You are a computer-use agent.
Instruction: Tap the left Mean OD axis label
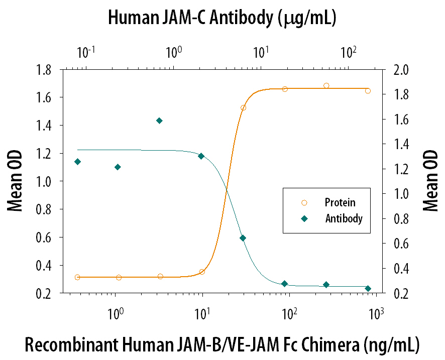(x=15, y=182)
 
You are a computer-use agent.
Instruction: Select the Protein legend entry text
(x=340, y=203)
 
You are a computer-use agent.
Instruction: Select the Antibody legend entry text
(x=344, y=218)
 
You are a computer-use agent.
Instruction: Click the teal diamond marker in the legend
(x=303, y=218)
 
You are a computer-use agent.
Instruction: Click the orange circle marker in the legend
(x=303, y=203)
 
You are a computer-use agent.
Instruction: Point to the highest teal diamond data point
(x=159, y=121)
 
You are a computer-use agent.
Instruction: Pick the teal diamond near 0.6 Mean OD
(x=243, y=238)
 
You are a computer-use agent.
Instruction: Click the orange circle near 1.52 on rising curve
(x=243, y=108)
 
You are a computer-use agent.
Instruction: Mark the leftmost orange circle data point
(x=77, y=277)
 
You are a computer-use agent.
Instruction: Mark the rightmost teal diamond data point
(x=368, y=288)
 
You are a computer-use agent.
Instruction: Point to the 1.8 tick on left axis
(x=46, y=69)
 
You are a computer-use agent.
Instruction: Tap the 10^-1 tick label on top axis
(x=86, y=52)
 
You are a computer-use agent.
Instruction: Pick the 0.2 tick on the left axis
(x=46, y=293)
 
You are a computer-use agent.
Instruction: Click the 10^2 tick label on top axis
(x=348, y=52)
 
